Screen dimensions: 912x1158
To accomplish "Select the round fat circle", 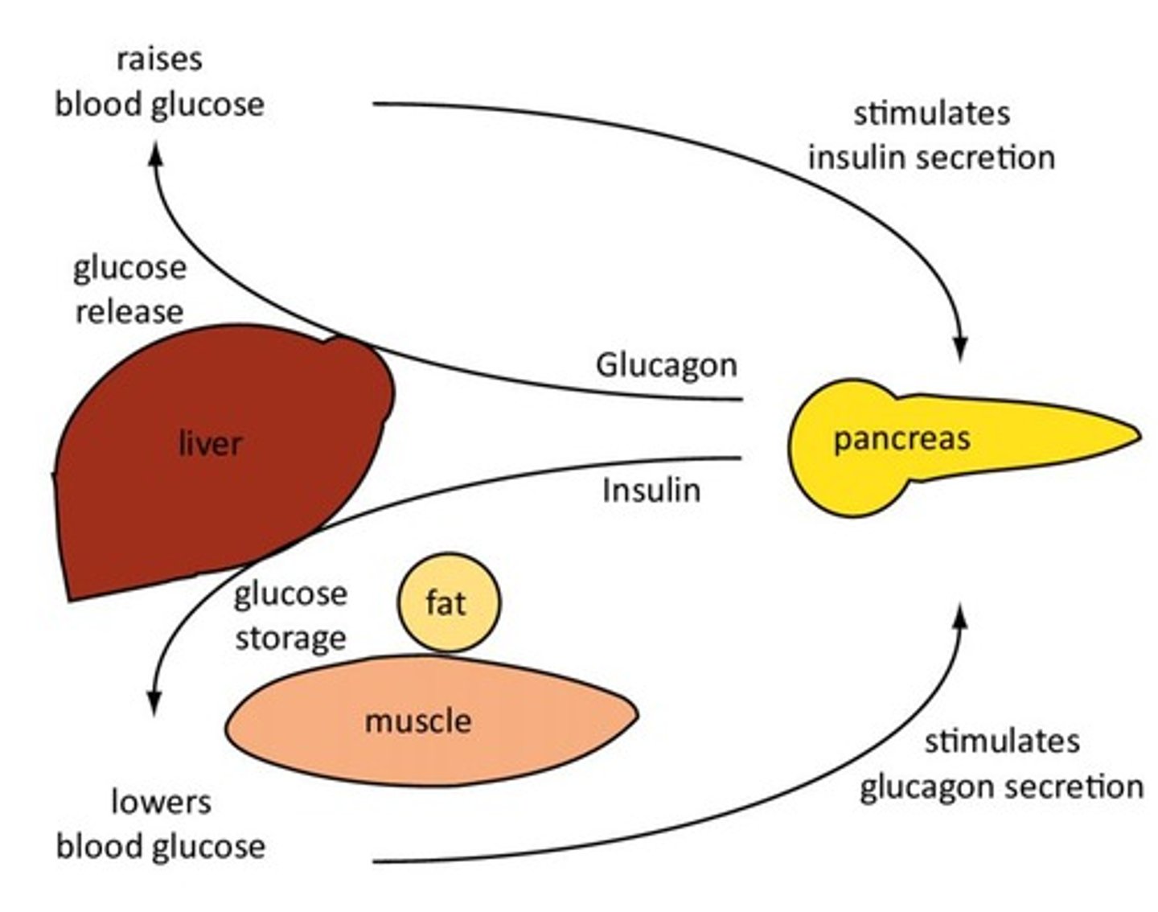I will (449, 602).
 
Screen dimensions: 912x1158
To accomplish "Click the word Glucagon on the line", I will (666, 365).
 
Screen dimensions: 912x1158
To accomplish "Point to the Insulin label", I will (651, 490).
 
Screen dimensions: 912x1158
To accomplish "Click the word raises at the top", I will (159, 59).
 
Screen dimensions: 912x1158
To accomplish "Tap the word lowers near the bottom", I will (161, 802).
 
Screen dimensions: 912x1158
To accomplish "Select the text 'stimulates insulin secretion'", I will (931, 135).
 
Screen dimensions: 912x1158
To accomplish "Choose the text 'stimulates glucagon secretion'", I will (1001, 763).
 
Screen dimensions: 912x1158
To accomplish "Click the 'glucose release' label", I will (129, 290).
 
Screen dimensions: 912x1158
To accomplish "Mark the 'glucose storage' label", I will (290, 616).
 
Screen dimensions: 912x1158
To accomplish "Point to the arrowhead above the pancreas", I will (959, 351).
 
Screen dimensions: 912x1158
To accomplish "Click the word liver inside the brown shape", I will (210, 443).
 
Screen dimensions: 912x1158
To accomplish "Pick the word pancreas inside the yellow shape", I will (901, 438).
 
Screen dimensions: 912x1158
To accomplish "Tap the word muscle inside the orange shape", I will (418, 721).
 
